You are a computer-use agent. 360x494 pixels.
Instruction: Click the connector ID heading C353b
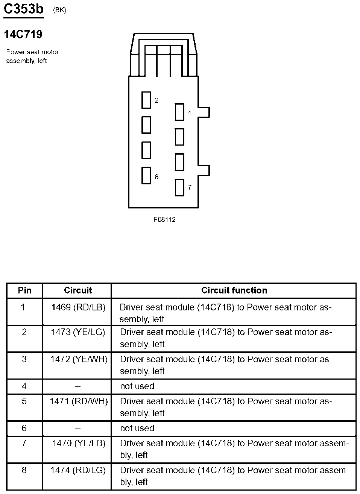point(23,9)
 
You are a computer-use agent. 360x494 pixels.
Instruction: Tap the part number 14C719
point(23,35)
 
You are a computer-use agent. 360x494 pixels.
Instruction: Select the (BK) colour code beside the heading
point(59,10)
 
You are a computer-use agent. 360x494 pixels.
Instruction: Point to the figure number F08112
point(164,220)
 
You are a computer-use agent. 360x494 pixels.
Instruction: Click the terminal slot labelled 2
point(146,100)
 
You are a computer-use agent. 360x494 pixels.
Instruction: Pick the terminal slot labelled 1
point(179,112)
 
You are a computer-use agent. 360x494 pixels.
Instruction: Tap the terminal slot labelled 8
point(146,175)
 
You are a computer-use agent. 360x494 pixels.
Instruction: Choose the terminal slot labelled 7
point(179,187)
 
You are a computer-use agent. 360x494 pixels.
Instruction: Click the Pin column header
point(25,290)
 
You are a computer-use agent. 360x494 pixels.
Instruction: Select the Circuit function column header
point(234,290)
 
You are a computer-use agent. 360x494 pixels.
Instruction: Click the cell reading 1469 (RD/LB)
point(78,307)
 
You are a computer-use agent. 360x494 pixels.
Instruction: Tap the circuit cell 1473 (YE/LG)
point(78,332)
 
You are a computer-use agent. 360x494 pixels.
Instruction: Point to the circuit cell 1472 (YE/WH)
point(79,359)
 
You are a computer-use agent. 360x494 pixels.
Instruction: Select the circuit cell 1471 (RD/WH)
point(79,401)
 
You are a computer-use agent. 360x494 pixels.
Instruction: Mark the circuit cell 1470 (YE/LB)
point(79,444)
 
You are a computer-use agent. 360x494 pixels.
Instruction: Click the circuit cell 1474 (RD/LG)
point(78,470)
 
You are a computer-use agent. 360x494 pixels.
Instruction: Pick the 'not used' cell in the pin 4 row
point(137,386)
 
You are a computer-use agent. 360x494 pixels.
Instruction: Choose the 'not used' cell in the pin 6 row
point(137,429)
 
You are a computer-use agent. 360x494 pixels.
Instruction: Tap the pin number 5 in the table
point(24,401)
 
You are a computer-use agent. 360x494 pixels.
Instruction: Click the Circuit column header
point(78,290)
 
